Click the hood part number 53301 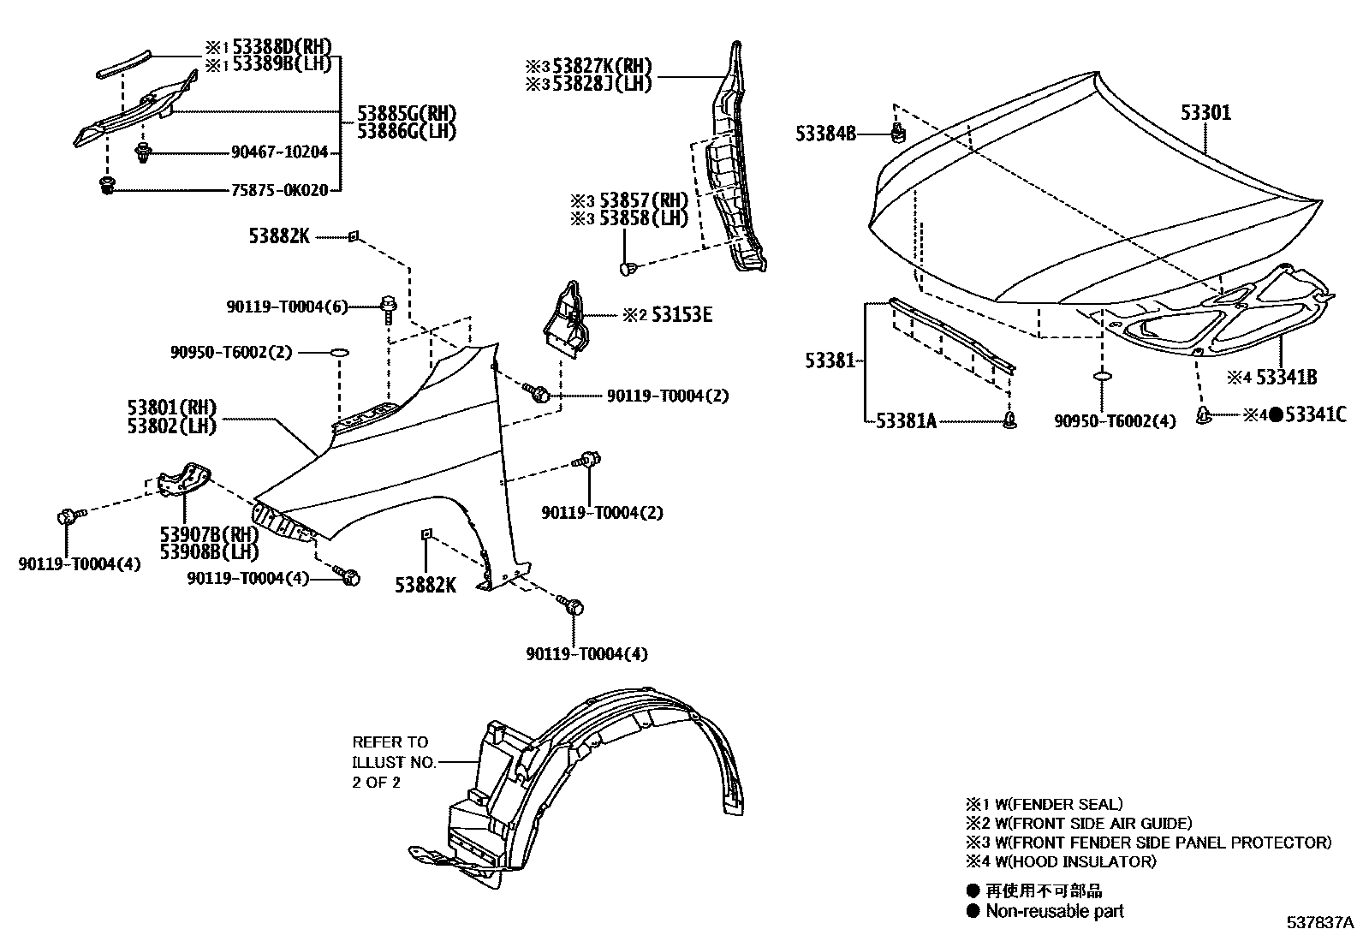(x=1205, y=113)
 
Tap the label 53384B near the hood (x=824, y=134)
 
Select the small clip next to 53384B (x=898, y=132)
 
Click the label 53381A (x=905, y=420)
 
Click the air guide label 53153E (x=680, y=314)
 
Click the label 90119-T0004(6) (x=287, y=307)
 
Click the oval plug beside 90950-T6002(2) (x=339, y=352)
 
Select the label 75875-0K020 (x=279, y=190)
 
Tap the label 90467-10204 (x=279, y=152)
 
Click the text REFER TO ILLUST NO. (x=394, y=752)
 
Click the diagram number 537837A (x=1319, y=923)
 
